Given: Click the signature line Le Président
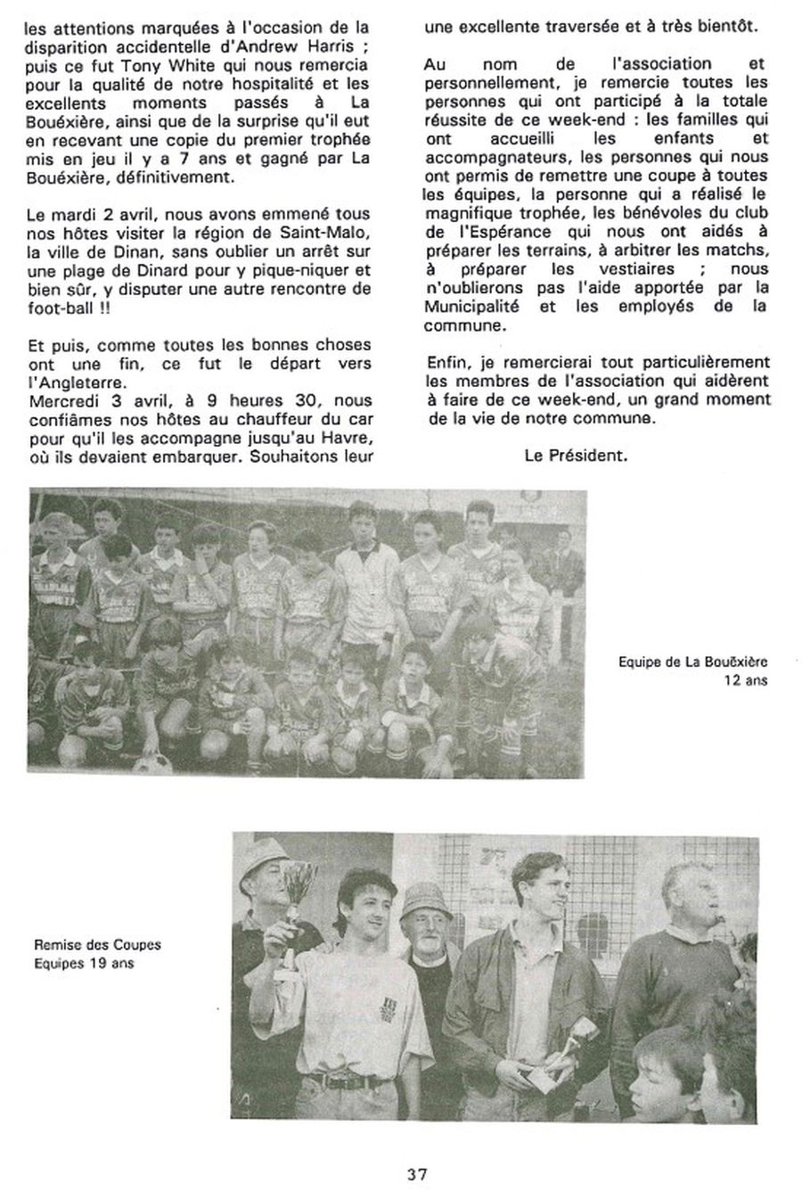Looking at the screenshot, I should (x=576, y=455).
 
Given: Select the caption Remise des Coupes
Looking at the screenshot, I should (x=98, y=945).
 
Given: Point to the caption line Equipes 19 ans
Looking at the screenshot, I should (x=84, y=964).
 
